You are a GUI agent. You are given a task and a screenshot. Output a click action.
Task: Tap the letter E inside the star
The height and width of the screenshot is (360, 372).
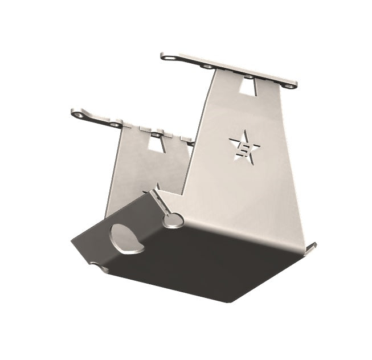[244, 149]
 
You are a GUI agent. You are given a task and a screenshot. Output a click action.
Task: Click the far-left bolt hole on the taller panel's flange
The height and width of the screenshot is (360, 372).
[167, 56]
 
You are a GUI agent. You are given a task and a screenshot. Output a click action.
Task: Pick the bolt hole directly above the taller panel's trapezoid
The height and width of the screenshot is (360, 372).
[248, 76]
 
